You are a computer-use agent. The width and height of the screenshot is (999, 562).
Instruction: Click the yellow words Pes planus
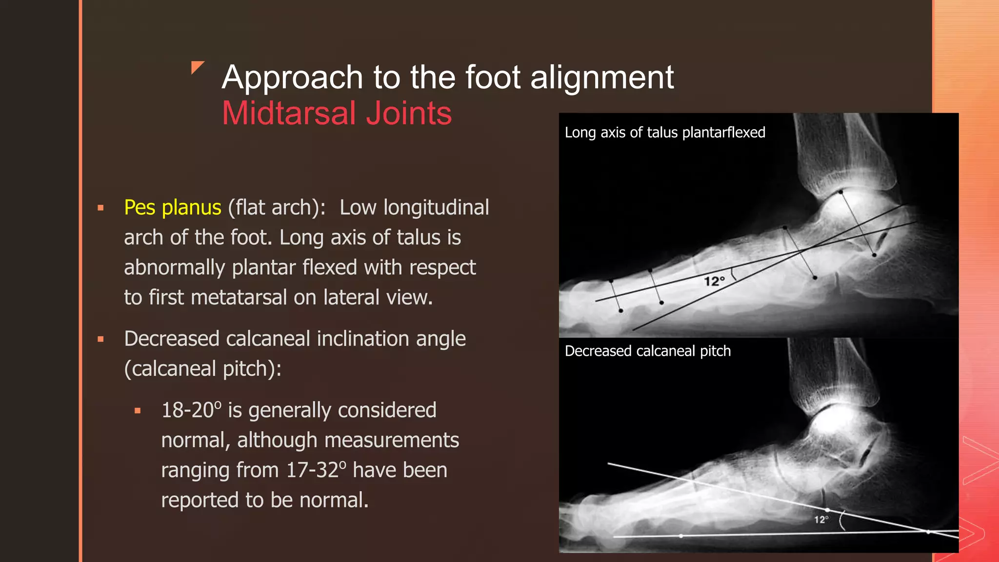(x=173, y=208)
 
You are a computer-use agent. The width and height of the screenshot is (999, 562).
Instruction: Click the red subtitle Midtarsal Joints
(x=337, y=113)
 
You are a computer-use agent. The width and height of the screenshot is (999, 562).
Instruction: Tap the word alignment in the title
(x=601, y=78)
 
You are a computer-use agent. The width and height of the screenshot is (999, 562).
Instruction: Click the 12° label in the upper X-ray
(x=714, y=281)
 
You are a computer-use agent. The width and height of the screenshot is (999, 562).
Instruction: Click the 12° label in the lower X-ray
(x=821, y=520)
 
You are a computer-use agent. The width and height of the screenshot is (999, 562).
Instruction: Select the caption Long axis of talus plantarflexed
(x=665, y=133)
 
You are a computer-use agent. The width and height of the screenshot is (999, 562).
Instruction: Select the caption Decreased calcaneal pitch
(x=647, y=351)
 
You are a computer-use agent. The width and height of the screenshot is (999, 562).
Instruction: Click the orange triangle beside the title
(x=197, y=67)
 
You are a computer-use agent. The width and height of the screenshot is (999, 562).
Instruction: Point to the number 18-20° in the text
(x=191, y=410)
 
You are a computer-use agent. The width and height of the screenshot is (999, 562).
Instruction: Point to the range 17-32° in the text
(x=316, y=470)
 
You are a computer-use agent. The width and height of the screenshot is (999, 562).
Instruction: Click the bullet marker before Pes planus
(x=101, y=208)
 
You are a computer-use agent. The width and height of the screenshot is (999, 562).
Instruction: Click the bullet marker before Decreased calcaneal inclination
(x=101, y=339)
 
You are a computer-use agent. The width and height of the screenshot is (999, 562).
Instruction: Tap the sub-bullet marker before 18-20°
(x=138, y=411)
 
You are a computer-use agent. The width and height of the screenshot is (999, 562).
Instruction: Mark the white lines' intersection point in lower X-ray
(x=928, y=532)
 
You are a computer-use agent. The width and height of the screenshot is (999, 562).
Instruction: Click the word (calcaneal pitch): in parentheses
(x=203, y=369)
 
